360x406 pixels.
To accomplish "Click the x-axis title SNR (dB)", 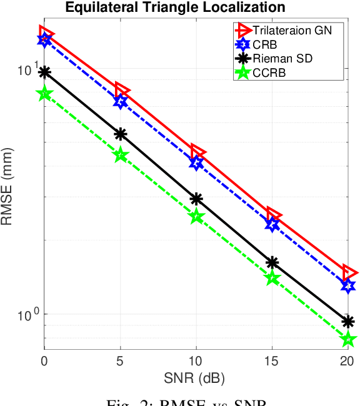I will pos(196,378).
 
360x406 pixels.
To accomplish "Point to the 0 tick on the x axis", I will pos(44,360).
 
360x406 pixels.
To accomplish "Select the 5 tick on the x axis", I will pos(120,360).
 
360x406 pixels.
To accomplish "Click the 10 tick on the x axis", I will pos(196,360).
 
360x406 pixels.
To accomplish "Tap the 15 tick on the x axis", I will pos(272,360).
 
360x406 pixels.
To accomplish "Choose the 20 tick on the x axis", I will pos(348,360).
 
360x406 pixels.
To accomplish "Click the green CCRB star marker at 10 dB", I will pos(196,217).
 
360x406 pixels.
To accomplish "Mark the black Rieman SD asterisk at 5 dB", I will pos(120,134).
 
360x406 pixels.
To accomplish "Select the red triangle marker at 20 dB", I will pos(349,273).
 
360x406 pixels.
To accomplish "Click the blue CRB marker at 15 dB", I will pos(272,224).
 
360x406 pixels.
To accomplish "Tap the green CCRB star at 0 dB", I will pos(44,94).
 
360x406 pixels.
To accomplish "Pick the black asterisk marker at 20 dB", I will pos(348,322).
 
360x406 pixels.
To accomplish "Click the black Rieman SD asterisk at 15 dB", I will pos(272,262).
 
